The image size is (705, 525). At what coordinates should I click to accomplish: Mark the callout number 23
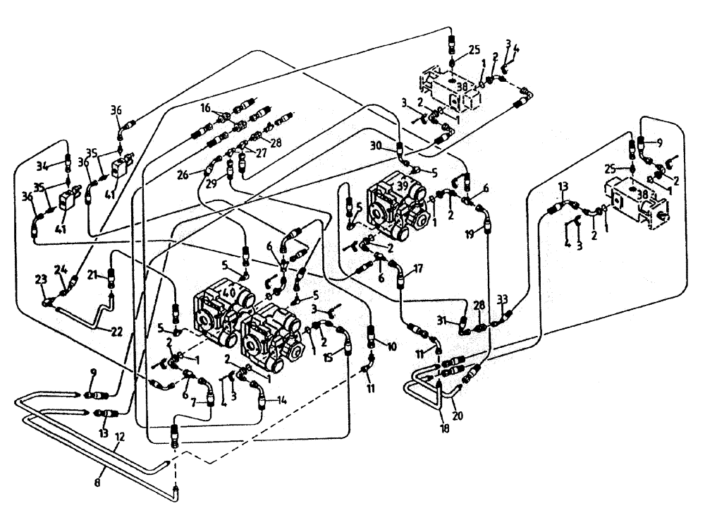(40, 279)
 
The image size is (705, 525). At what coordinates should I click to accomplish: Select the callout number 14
(282, 399)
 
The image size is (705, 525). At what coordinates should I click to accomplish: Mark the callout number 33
(502, 298)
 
